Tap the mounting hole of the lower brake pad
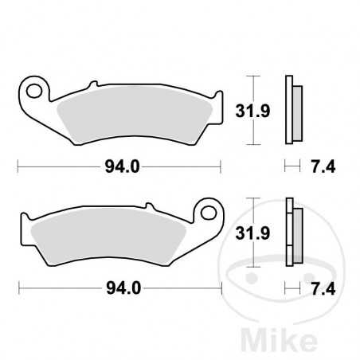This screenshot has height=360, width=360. tap(209, 212)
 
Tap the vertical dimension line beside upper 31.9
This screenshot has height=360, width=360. tap(253, 111)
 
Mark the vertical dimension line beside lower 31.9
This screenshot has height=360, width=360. tap(253, 232)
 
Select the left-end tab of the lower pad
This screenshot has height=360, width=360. tap(25, 227)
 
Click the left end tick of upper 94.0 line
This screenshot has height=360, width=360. tap(18, 166)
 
